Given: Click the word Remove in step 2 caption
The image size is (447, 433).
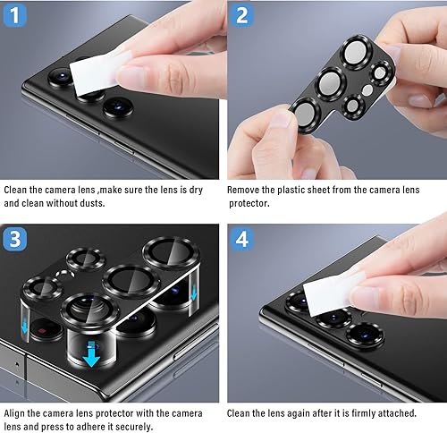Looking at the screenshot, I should (x=245, y=190).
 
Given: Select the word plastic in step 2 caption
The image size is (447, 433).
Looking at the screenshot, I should (x=299, y=190).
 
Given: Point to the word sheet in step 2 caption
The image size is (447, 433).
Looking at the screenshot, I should (x=332, y=190).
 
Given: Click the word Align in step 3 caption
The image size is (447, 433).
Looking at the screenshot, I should (x=17, y=412).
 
